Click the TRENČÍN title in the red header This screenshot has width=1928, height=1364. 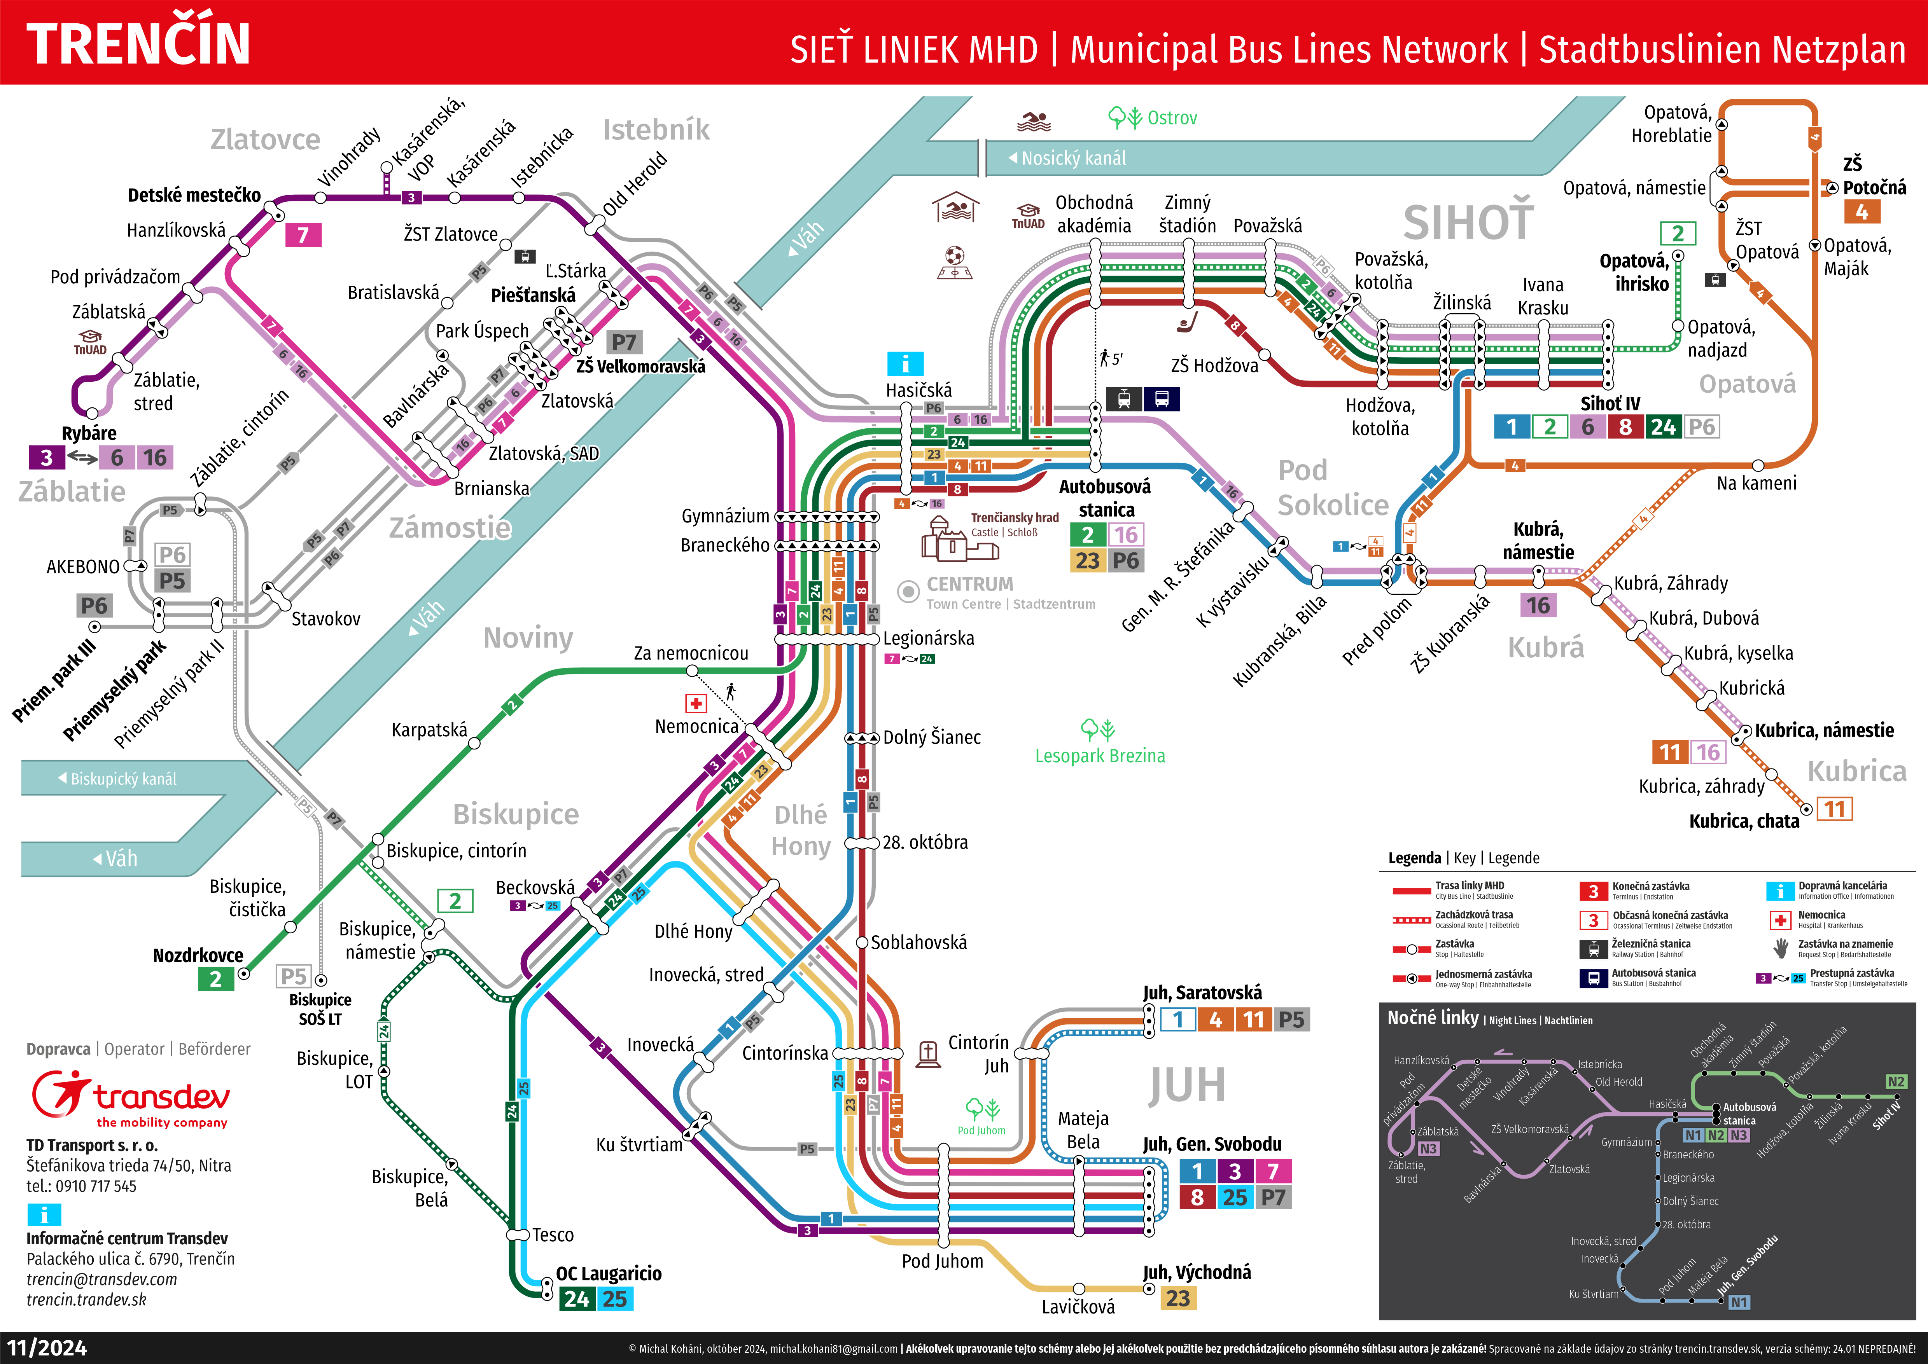click(138, 44)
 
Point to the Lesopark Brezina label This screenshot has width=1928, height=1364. click(1100, 756)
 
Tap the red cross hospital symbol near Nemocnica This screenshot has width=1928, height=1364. click(696, 703)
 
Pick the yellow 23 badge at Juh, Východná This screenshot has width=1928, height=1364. click(1177, 1298)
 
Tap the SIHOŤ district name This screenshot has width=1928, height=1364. click(1468, 223)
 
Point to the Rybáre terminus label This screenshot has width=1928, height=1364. click(89, 433)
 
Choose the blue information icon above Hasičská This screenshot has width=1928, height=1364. click(905, 364)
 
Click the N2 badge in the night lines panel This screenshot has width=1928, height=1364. click(1895, 1082)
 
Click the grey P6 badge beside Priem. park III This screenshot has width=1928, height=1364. click(94, 606)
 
